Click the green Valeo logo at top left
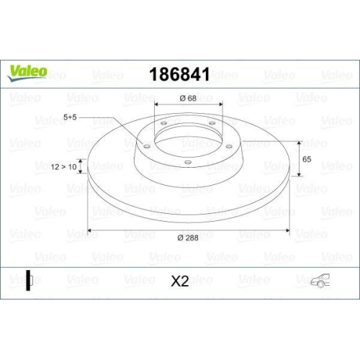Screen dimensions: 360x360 29,70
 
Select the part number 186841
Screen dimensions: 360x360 179,74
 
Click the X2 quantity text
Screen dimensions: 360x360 179,282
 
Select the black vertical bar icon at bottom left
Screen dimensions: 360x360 29,281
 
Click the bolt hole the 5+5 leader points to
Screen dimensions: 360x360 148,148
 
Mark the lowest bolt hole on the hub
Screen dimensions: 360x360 188,162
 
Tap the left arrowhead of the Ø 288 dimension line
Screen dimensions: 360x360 90,232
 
